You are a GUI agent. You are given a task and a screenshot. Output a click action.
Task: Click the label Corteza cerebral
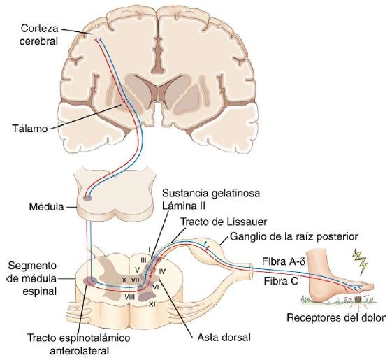click(x=38, y=34)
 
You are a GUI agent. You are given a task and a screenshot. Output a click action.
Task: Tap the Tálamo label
click(x=30, y=129)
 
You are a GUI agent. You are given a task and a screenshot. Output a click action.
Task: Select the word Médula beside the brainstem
click(x=47, y=207)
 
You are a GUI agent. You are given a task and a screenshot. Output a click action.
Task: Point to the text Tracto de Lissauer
click(x=224, y=222)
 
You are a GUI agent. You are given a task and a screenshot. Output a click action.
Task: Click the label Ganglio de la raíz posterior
click(x=293, y=237)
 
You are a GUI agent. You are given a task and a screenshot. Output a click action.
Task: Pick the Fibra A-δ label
click(x=284, y=262)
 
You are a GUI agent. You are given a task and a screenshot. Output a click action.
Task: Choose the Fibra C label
click(x=282, y=281)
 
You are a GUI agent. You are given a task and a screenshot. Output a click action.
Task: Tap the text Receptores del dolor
click(x=336, y=318)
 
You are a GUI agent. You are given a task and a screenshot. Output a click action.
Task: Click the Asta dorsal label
click(x=224, y=338)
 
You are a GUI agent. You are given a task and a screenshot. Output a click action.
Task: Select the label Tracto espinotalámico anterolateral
click(x=79, y=344)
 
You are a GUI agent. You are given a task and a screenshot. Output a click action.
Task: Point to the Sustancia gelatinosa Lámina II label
click(x=211, y=200)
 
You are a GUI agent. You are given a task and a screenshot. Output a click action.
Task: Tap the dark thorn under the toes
click(x=358, y=299)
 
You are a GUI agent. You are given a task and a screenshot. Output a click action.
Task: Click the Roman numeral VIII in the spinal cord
click(x=130, y=297)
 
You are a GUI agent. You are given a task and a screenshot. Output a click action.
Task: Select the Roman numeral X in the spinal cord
click(x=124, y=280)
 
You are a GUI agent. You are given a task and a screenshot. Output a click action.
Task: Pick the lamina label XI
click(x=152, y=304)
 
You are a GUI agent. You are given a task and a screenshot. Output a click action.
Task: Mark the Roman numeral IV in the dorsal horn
click(x=162, y=271)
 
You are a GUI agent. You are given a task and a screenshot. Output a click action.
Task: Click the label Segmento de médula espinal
click(x=32, y=278)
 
